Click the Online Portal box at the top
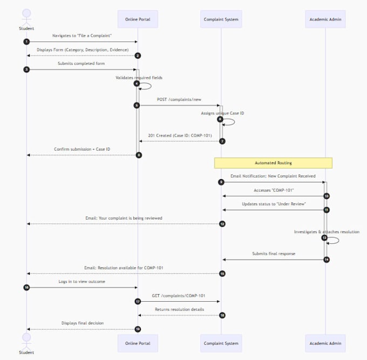[x=138, y=19]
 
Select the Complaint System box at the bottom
[x=221, y=343]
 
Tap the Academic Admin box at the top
[x=325, y=19]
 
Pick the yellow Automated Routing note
[x=273, y=163]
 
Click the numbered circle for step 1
[x=26, y=42]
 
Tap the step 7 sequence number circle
[x=222, y=141]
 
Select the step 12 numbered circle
[x=222, y=224]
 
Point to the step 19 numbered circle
[x=138, y=329]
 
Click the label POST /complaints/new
[x=179, y=99]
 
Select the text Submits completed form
[x=81, y=64]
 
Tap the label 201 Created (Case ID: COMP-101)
[x=180, y=135]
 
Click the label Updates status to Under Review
[x=274, y=204]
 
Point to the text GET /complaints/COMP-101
[x=179, y=296]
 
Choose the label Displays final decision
[x=83, y=323]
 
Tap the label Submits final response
[x=274, y=254]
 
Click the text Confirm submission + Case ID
[x=82, y=149]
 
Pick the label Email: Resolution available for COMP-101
[x=124, y=268]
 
